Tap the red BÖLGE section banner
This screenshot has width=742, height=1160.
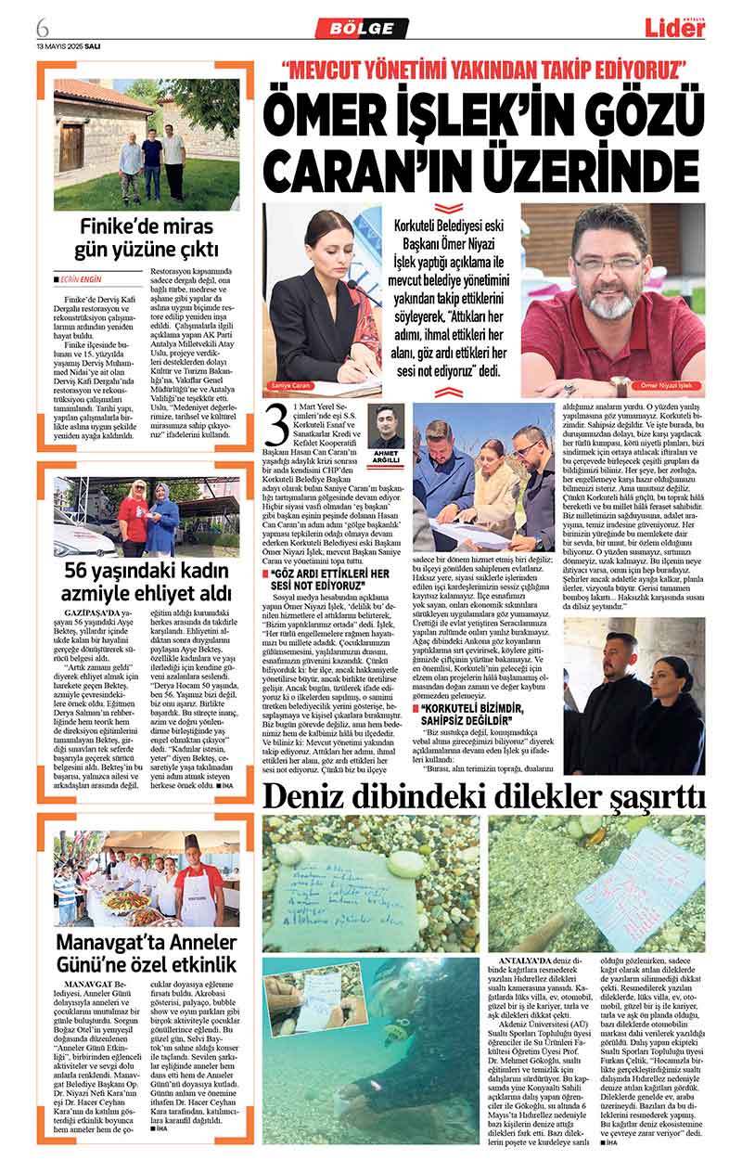click(x=362, y=28)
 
